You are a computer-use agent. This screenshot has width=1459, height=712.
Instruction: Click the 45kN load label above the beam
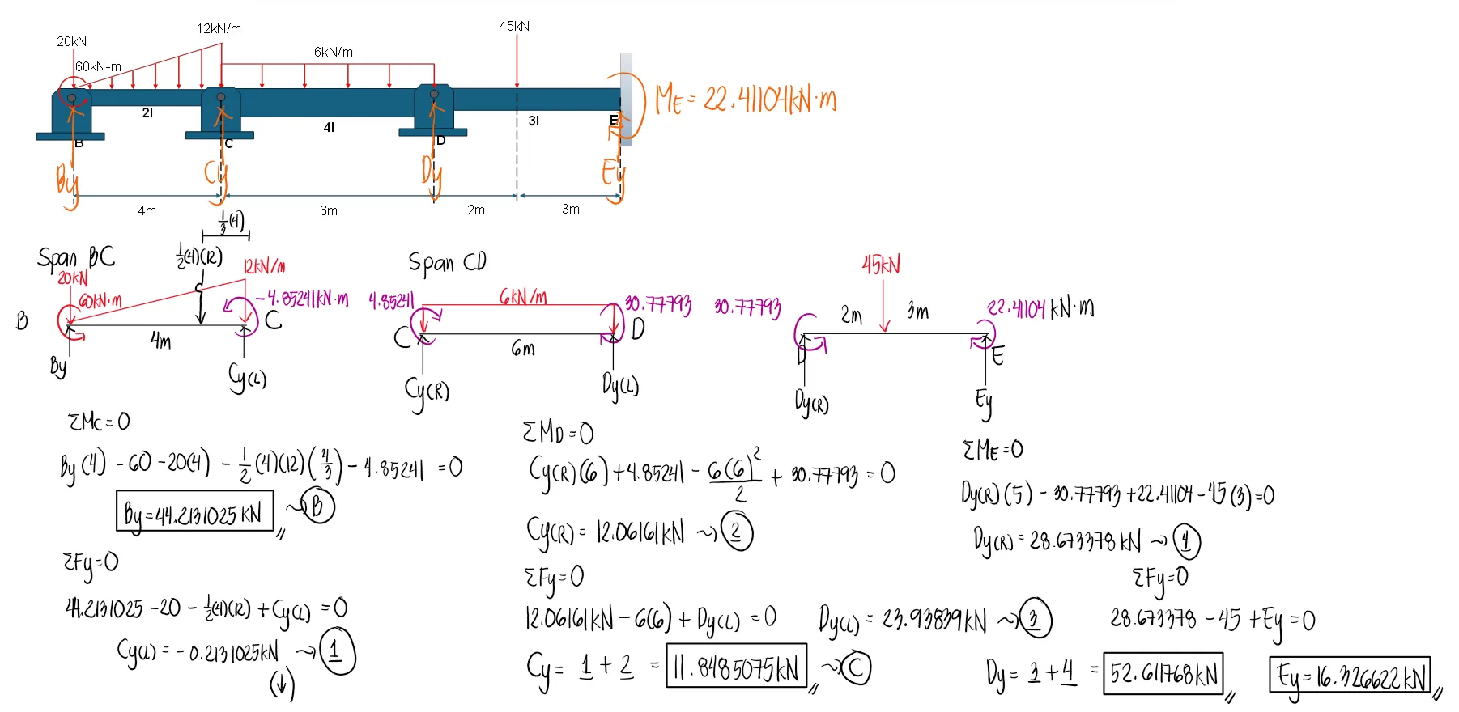(514, 26)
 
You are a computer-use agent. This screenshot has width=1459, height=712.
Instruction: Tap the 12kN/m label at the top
(219, 28)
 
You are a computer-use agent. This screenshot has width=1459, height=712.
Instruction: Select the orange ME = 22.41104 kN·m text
(746, 100)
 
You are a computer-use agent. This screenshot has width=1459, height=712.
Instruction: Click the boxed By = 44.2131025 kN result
(194, 513)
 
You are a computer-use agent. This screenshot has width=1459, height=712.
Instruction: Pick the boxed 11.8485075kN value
(735, 667)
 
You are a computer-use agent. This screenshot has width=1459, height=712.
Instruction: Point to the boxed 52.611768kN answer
(1163, 674)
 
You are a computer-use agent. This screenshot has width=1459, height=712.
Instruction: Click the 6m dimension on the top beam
(328, 210)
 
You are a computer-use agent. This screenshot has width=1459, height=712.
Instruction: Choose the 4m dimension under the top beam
(147, 210)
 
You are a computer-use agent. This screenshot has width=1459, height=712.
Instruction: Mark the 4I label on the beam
(329, 127)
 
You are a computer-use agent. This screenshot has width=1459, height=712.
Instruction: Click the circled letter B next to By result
(317, 506)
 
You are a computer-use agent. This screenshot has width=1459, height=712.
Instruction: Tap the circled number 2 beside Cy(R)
(736, 532)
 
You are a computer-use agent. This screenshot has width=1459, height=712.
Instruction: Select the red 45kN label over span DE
(881, 265)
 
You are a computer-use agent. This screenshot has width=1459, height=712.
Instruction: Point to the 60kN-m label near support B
(98, 66)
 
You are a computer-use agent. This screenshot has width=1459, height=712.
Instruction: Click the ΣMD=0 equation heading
(558, 432)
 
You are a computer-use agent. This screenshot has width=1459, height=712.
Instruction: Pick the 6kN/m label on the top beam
(333, 52)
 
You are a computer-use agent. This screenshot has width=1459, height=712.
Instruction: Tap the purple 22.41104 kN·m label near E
(1040, 308)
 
